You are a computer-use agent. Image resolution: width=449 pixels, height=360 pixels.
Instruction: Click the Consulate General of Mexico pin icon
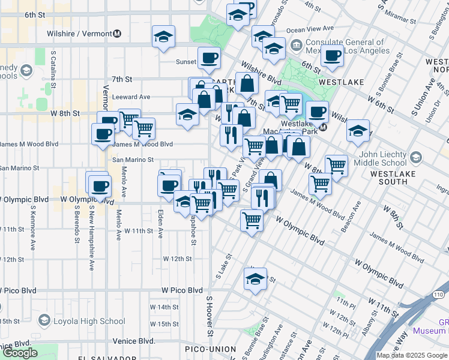click(296, 46)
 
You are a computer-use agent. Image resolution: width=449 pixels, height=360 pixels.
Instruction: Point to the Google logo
click(20, 353)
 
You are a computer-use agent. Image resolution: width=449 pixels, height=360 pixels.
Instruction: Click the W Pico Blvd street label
click(182, 290)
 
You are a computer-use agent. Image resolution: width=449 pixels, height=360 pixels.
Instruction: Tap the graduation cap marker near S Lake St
click(255, 279)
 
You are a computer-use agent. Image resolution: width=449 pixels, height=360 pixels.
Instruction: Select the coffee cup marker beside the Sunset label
click(209, 58)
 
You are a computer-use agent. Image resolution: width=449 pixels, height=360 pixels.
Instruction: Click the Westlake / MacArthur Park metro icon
click(322, 127)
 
